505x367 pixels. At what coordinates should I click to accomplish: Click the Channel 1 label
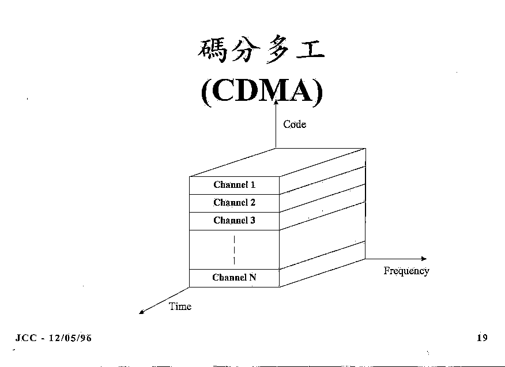(234, 185)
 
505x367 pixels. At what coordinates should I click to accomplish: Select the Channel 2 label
(234, 203)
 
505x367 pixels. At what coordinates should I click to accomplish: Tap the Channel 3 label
(234, 221)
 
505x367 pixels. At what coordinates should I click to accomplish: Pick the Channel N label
(234, 278)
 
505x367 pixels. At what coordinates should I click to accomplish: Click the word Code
(295, 124)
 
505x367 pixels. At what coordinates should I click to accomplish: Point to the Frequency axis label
(406, 271)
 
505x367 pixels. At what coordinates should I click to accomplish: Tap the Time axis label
(180, 307)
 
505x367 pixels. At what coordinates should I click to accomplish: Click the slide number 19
(482, 338)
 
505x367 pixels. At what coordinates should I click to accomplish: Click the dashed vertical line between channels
(235, 250)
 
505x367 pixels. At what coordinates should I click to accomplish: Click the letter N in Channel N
(252, 278)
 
